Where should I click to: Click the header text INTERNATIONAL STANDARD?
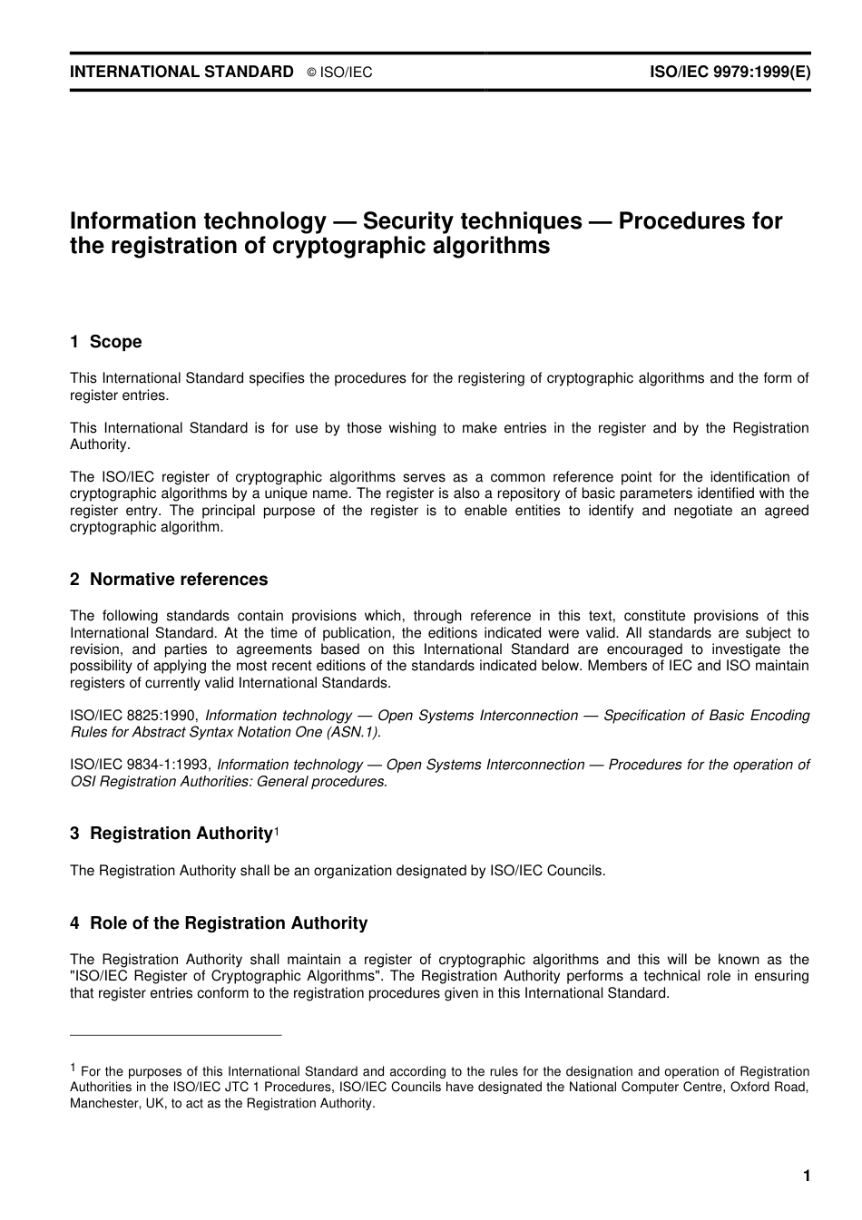pos(181,72)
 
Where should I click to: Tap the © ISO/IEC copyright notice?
pos(339,73)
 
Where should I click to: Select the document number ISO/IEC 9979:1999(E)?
pos(730,72)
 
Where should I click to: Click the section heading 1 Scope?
pos(106,342)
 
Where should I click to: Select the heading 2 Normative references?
pos(169,580)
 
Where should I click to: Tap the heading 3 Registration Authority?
pos(171,834)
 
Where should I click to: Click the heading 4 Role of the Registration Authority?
pos(219,923)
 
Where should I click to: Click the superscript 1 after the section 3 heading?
pos(277,831)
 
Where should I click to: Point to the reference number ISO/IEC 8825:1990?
pos(139,716)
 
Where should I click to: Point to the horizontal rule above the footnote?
pos(176,1035)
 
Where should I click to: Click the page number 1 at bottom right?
pos(806,1176)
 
